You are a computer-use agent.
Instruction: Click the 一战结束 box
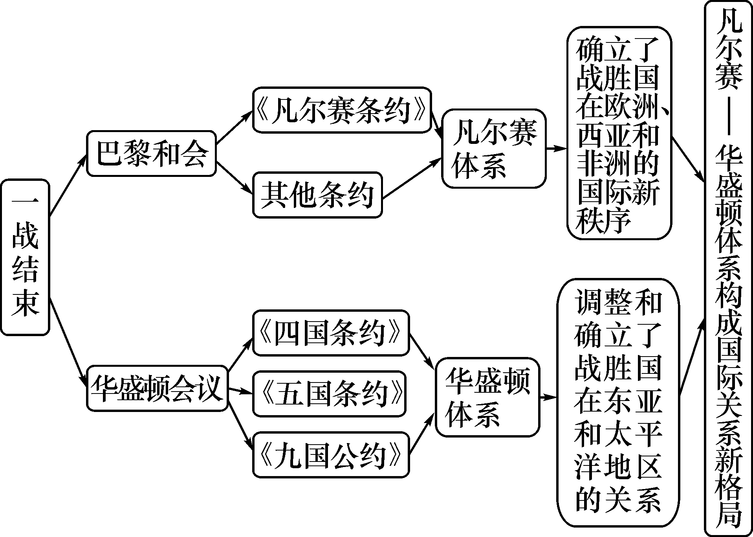(x=25, y=257)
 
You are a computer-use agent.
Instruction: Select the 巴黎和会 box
(x=151, y=153)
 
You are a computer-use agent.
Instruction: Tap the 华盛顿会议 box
(x=157, y=389)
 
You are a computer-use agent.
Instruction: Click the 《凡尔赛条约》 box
(x=342, y=110)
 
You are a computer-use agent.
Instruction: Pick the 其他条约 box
(x=317, y=195)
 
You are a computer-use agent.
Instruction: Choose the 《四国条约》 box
(x=331, y=333)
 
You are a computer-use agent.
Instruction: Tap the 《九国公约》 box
(x=331, y=455)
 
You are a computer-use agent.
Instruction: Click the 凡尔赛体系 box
(x=494, y=149)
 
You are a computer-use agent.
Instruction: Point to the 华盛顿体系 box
(x=487, y=397)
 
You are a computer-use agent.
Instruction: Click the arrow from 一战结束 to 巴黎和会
(x=68, y=185)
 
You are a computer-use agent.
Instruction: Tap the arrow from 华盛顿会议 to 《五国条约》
(x=240, y=391)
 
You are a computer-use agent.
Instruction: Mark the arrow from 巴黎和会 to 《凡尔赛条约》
(x=235, y=127)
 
